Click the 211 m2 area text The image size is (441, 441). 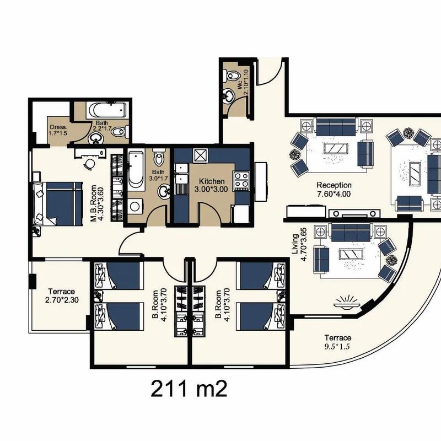[x=189, y=389]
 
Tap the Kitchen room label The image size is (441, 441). [x=212, y=181]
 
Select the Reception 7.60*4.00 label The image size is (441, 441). [x=334, y=189]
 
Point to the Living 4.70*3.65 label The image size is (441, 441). [x=299, y=244]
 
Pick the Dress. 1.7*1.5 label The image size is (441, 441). [x=58, y=130]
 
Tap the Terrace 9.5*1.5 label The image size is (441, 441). [x=337, y=342]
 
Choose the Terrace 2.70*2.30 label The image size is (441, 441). [x=62, y=295]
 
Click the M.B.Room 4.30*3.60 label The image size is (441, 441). [x=98, y=203]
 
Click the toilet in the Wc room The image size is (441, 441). [x=231, y=76]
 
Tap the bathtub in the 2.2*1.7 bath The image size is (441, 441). [x=106, y=110]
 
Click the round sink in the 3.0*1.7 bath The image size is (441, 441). [x=164, y=191]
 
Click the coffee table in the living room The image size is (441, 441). [x=352, y=255]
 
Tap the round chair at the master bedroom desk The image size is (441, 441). [x=90, y=164]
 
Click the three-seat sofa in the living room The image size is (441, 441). [x=351, y=232]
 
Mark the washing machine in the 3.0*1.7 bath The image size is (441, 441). [x=135, y=206]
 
